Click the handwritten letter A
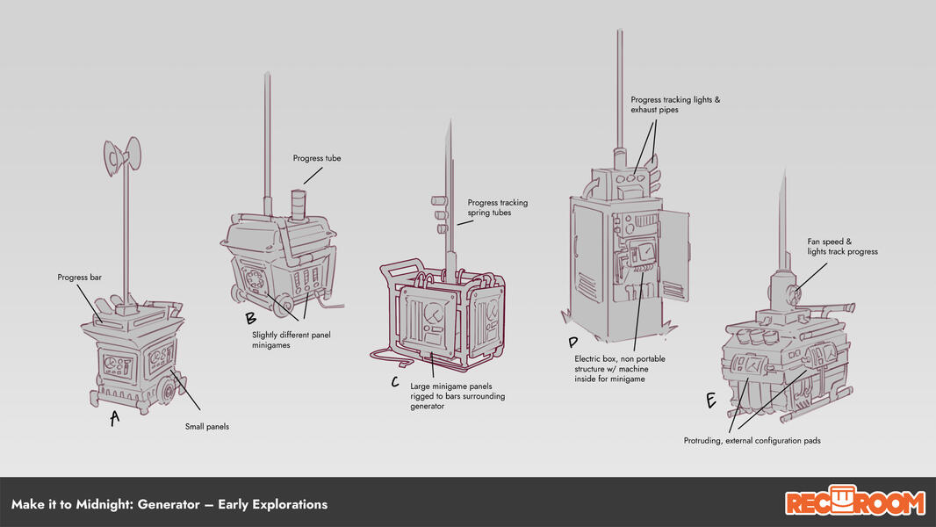[114, 419]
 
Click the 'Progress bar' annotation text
[79, 277]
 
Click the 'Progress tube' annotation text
[317, 158]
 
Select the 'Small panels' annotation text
[206, 427]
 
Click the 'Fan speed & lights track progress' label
[843, 246]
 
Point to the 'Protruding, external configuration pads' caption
[752, 441]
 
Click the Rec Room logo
[854, 502]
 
